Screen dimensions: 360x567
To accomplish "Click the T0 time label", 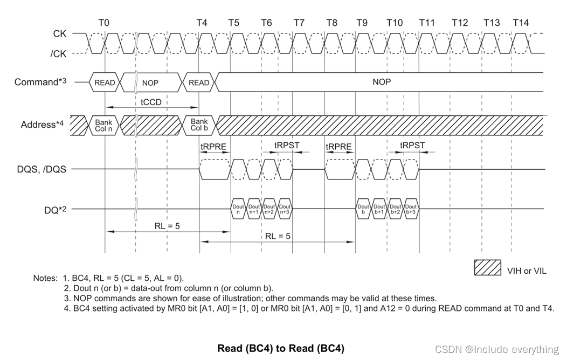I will coord(104,23).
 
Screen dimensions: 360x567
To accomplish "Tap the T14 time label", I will coord(521,23).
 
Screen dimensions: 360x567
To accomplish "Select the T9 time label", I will coord(362,23).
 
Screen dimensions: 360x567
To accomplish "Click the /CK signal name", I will coord(58,53).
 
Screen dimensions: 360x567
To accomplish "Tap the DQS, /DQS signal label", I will coord(42,169).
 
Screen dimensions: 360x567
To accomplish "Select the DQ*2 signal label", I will coord(55,210).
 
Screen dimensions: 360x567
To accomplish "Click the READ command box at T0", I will coord(105,83).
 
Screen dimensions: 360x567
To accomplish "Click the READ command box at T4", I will coord(199,83).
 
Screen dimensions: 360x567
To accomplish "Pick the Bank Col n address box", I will coord(105,124).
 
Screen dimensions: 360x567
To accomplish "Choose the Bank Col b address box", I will coord(199,124).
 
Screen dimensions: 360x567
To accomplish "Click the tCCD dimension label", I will coord(151,102).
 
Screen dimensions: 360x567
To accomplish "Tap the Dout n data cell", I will coord(238,210).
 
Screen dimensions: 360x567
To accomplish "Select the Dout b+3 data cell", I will coord(411,210).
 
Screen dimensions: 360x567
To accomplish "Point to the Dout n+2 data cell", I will coord(269,210).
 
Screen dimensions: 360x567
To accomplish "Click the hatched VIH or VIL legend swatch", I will coord(488,268).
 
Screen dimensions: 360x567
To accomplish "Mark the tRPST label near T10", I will coord(412,146).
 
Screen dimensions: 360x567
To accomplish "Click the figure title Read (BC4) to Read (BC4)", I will coord(281,348).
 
